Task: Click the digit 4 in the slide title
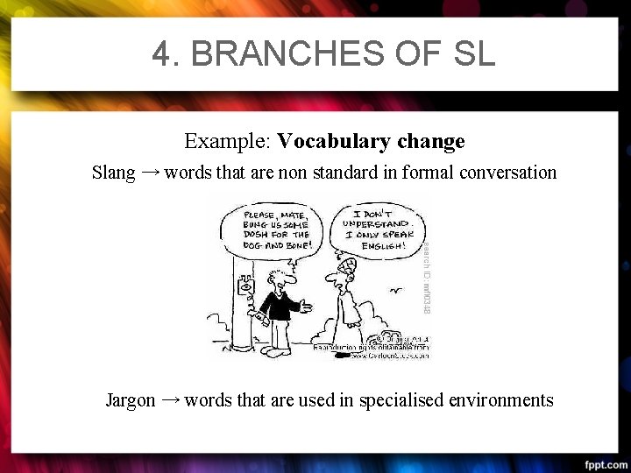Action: tap(162, 53)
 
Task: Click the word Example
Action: tap(227, 141)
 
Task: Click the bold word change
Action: tap(430, 141)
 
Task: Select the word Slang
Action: tap(113, 173)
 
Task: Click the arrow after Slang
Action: tap(150, 172)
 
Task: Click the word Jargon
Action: tap(130, 400)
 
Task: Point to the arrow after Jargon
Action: tap(171, 399)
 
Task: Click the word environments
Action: tap(500, 400)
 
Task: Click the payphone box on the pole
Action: tap(245, 286)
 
